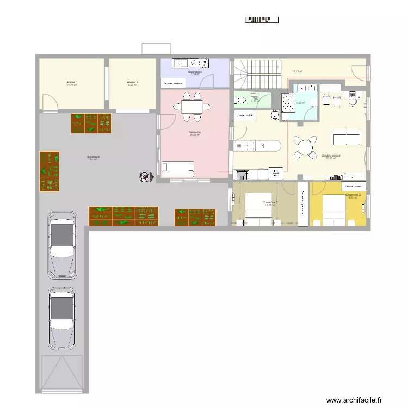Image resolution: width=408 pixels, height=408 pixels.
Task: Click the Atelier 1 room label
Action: coord(72,83)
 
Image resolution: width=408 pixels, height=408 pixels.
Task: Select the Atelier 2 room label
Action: coord(133,83)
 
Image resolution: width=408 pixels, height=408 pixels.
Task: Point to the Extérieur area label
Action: coord(93,157)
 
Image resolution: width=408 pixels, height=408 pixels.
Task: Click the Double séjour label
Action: coord(331,156)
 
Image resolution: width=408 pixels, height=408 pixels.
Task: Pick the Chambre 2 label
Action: coord(353,195)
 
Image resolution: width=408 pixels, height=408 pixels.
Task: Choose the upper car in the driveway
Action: coord(63,243)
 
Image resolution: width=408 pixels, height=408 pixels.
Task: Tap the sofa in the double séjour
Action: coord(346,137)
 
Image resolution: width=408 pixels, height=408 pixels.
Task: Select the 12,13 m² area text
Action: coord(297,71)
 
